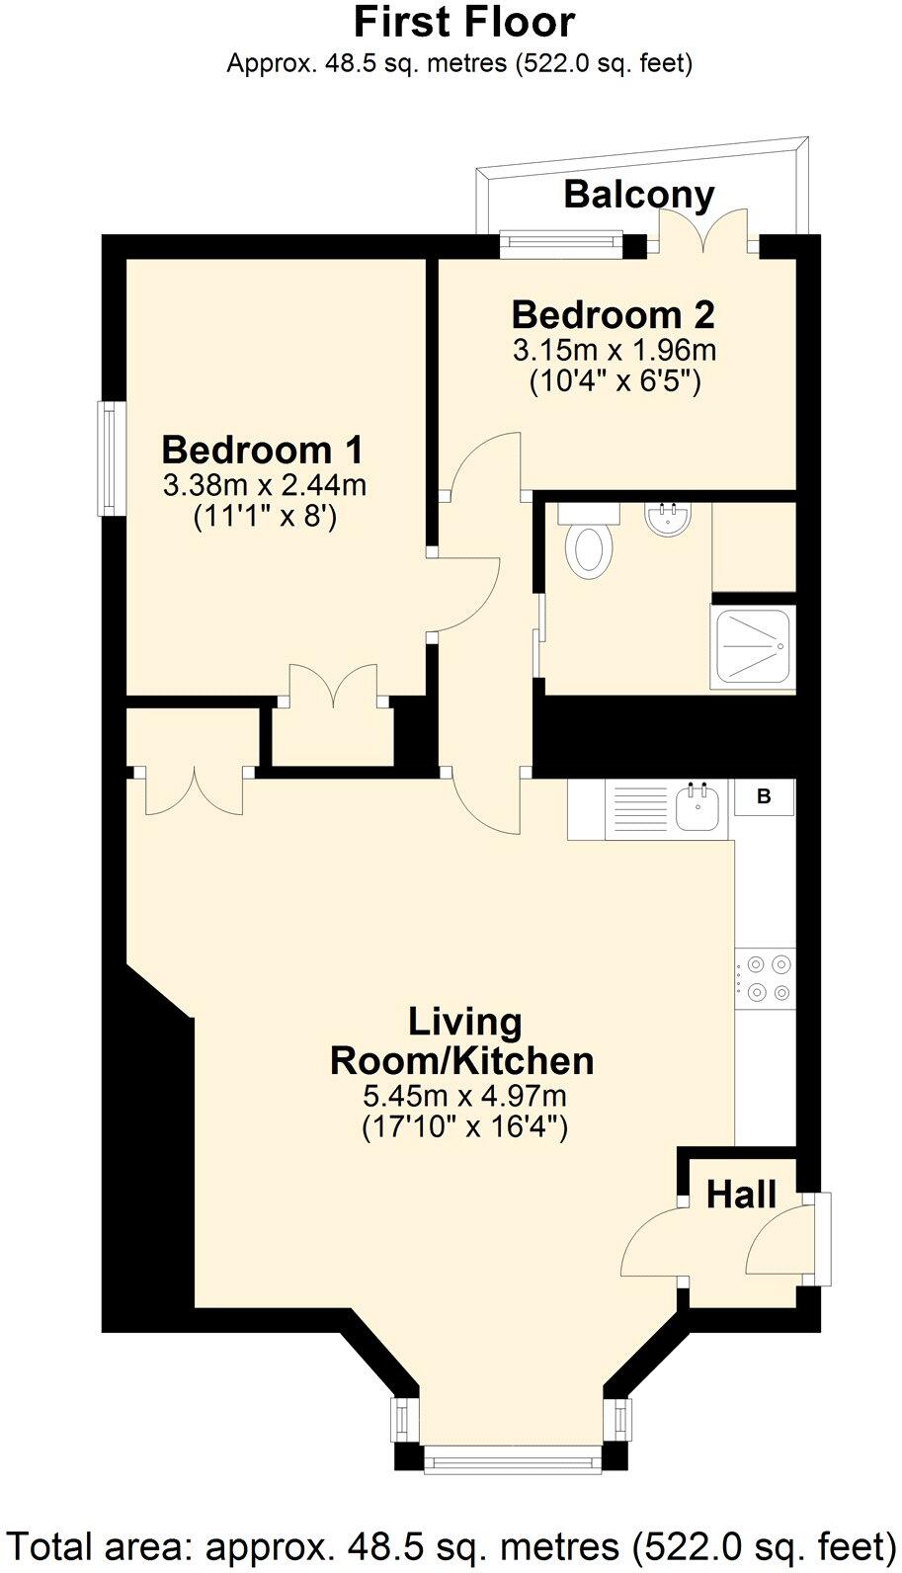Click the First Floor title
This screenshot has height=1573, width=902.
463,22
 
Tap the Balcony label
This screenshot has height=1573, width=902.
638,195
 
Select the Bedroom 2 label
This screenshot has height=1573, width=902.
613,315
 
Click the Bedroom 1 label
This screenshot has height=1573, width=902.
263,450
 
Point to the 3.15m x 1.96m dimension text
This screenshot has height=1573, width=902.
613,350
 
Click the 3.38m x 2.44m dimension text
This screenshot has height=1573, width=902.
264,485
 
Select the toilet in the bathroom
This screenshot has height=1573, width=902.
589,543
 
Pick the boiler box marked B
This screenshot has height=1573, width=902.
764,796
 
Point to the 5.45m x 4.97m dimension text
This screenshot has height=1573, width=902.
464,1095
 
